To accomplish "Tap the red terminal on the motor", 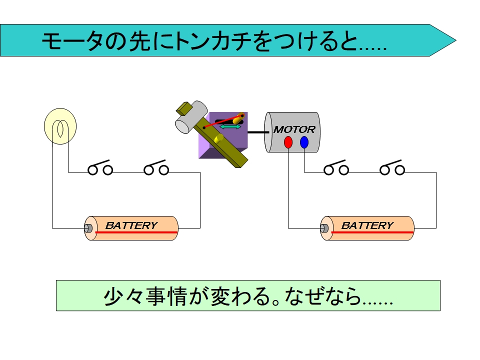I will (x=288, y=142).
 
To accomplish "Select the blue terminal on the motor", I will (x=304, y=142).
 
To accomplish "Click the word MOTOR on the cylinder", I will (x=294, y=129).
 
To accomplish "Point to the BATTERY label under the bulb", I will (x=131, y=225).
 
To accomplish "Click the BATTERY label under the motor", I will (x=367, y=225).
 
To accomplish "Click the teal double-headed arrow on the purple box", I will (x=230, y=127).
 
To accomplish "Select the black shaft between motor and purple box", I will (x=255, y=132).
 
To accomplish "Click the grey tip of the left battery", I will (x=88, y=228).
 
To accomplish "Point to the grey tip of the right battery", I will (x=324, y=228).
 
